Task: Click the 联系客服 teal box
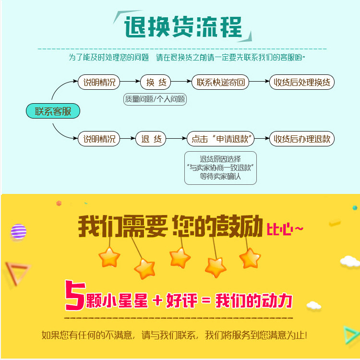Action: tap(53, 111)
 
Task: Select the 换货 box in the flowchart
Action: tap(156, 82)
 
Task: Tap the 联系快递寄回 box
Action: tap(220, 82)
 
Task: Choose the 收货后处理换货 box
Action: tap(301, 82)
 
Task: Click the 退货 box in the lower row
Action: tap(151, 139)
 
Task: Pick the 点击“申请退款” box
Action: tap(220, 139)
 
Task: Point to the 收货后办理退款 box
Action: tap(301, 139)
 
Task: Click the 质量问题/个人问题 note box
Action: tap(155, 99)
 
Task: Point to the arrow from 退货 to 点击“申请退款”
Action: tap(176, 139)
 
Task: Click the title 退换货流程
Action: tap(183, 26)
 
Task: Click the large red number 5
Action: tap(75, 296)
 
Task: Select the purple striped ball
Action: tap(18, 232)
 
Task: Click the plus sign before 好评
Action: tap(157, 301)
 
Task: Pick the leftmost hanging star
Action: tap(109, 257)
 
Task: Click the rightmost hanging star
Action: tap(250, 258)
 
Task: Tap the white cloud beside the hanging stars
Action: tap(349, 261)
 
